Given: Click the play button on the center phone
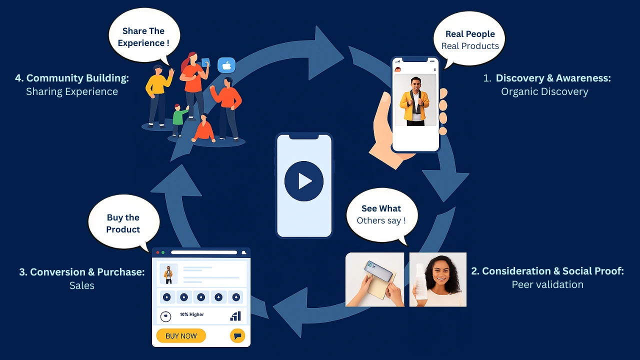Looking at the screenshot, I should click(x=304, y=181).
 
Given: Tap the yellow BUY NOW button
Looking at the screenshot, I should click(x=181, y=336).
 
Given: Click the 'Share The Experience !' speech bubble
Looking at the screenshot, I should click(x=143, y=37).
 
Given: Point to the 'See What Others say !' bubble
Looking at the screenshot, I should click(x=381, y=214).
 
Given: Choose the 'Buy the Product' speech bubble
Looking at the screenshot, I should click(x=123, y=223).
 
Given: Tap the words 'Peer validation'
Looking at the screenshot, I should click(x=547, y=284).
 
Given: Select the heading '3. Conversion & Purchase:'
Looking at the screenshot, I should click(x=82, y=272).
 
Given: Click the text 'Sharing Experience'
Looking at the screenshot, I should click(x=72, y=91).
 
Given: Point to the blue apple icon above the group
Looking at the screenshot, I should click(x=226, y=65).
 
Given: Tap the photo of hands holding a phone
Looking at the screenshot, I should click(x=374, y=279).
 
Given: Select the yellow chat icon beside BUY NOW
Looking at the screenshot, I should click(x=237, y=336).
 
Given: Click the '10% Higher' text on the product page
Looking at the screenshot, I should click(x=192, y=314).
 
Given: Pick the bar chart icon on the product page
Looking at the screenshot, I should click(x=235, y=316).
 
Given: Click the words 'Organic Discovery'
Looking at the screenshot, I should click(x=544, y=91).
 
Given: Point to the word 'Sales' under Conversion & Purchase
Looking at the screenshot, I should click(x=82, y=285).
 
